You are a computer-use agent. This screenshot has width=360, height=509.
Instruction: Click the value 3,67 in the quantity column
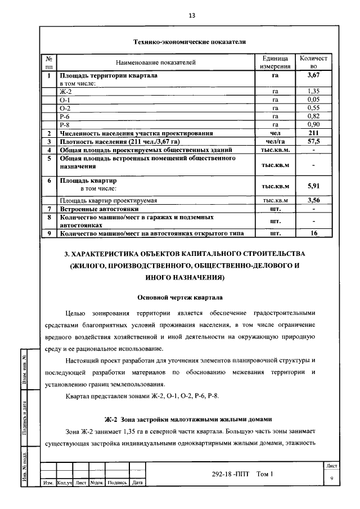[x=313, y=75]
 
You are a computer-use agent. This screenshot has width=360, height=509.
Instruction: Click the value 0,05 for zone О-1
[x=313, y=99]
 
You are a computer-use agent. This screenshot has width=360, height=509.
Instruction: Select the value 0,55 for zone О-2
[x=313, y=107]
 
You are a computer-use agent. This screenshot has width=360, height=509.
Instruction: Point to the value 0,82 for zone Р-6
[x=313, y=116]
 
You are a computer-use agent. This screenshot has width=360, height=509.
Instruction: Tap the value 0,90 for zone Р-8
[x=313, y=124]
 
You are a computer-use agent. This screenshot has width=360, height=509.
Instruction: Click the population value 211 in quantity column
[x=313, y=133]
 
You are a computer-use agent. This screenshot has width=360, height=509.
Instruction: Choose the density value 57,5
[x=313, y=142]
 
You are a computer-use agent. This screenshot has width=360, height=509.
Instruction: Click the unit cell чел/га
[x=275, y=142]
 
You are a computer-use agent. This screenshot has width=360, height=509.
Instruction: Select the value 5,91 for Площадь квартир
[x=313, y=185]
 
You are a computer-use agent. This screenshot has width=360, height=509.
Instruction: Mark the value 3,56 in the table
[x=313, y=200]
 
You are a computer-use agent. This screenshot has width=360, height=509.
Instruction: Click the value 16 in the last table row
[x=313, y=232]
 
